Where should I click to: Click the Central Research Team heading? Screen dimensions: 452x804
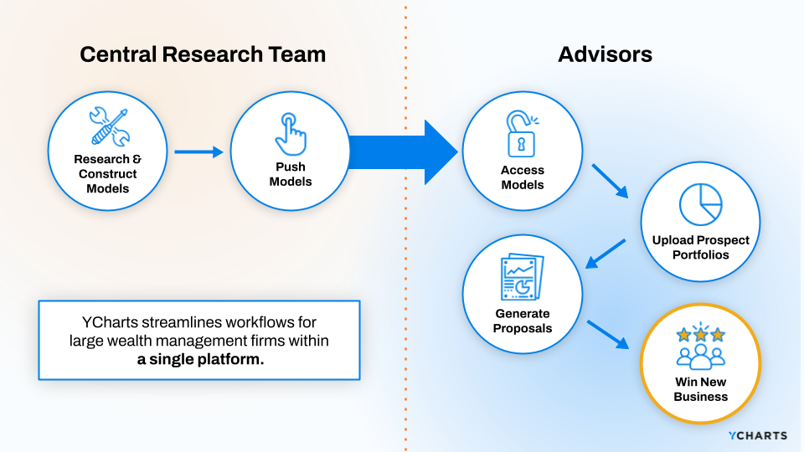tap(203, 55)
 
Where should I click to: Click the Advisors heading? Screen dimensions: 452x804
tap(605, 55)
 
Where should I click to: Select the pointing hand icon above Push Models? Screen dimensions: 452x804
tap(290, 132)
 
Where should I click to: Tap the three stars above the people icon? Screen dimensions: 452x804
tap(700, 334)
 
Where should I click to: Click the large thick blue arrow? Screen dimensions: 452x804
tap(402, 152)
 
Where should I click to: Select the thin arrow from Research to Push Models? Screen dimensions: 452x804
tap(198, 152)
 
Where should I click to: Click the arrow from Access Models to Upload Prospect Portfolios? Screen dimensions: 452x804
tap(611, 181)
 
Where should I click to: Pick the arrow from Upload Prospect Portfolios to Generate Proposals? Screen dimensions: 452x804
tap(605, 254)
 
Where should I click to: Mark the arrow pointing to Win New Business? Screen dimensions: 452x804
tap(608, 333)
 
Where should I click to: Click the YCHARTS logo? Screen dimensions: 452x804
tap(757, 435)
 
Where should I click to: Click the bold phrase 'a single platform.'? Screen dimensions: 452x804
tap(200, 359)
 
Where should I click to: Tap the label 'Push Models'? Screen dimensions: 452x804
tap(290, 174)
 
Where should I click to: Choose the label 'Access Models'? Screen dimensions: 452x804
tap(522, 177)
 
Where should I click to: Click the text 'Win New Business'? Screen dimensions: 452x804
tap(700, 388)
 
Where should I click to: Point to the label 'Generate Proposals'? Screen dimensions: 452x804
tap(522, 321)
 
